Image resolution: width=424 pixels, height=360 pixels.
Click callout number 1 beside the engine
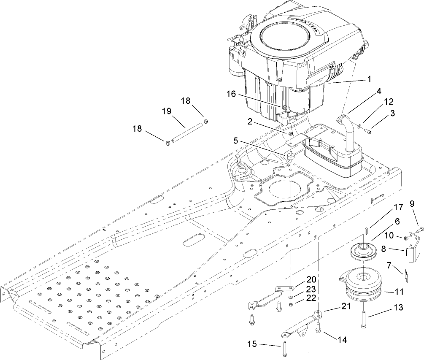tap(369, 79)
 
